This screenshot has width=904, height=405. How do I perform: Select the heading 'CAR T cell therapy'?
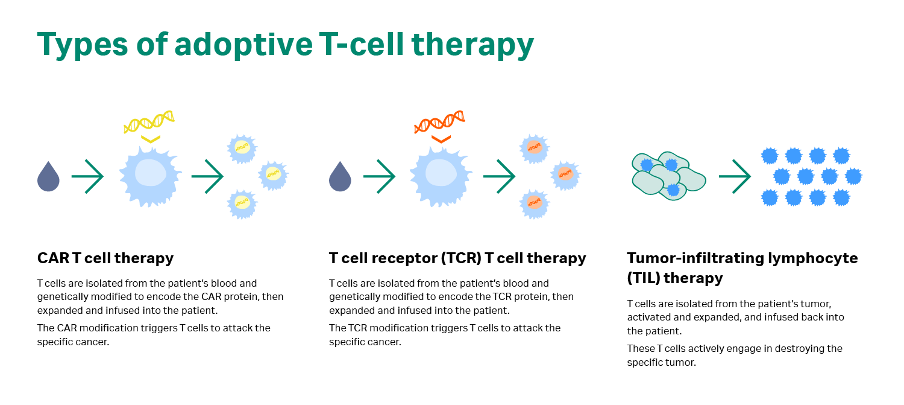tap(105, 258)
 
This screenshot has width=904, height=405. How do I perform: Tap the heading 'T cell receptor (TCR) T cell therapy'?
tap(457, 258)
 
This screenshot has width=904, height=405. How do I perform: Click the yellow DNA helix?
tap(149, 121)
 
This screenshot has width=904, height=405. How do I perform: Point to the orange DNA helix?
tap(440, 121)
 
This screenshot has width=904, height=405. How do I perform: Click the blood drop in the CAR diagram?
tap(48, 176)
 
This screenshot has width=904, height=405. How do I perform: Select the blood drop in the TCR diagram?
tap(340, 176)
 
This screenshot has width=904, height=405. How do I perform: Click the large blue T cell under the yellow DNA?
tap(148, 174)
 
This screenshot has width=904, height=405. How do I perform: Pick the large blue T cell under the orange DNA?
tap(439, 174)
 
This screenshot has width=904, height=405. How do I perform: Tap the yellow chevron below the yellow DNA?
tap(150, 139)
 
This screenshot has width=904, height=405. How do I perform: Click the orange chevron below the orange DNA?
tap(441, 139)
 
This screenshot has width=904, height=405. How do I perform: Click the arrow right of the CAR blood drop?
tap(88, 176)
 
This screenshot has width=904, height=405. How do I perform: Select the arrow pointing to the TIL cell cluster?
tap(735, 176)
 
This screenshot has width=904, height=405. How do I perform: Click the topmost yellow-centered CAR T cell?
tap(242, 147)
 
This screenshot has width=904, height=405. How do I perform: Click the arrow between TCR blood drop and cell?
tap(380, 176)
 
